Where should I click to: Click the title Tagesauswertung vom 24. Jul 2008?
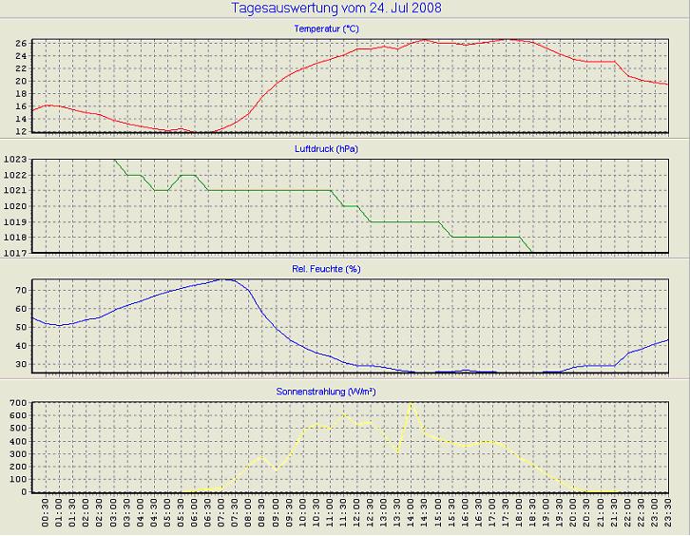coord(335,9)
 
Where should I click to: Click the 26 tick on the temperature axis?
coord(20,43)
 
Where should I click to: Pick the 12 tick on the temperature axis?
coord(20,132)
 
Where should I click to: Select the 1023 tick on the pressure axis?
coord(14,161)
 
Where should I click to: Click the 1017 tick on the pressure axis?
coord(14,253)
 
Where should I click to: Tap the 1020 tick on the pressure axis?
coord(14,206)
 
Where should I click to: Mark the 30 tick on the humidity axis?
coord(20,364)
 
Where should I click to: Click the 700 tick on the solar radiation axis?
coord(17,403)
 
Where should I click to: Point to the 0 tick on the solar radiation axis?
coord(25,492)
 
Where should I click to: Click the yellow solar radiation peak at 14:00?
coord(411,404)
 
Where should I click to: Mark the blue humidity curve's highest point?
coord(226,279)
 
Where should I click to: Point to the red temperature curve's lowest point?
coord(200,132)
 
